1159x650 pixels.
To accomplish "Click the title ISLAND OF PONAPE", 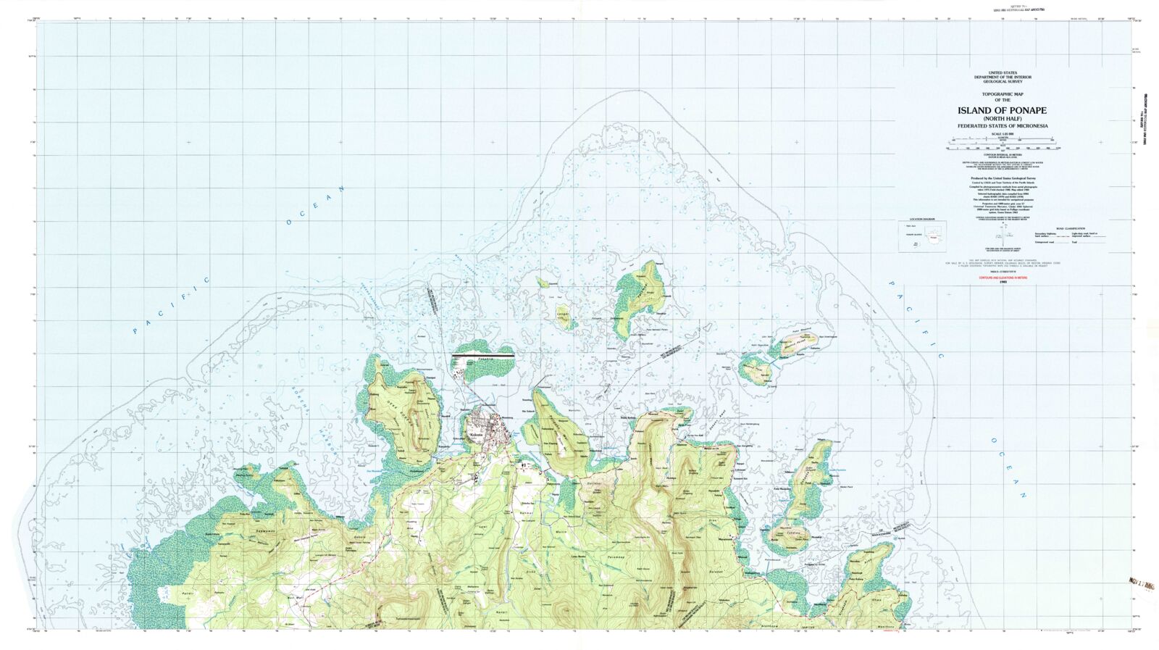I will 1002,111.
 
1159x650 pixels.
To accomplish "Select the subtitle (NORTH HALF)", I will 1002,119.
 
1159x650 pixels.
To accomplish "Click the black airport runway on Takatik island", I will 482,357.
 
